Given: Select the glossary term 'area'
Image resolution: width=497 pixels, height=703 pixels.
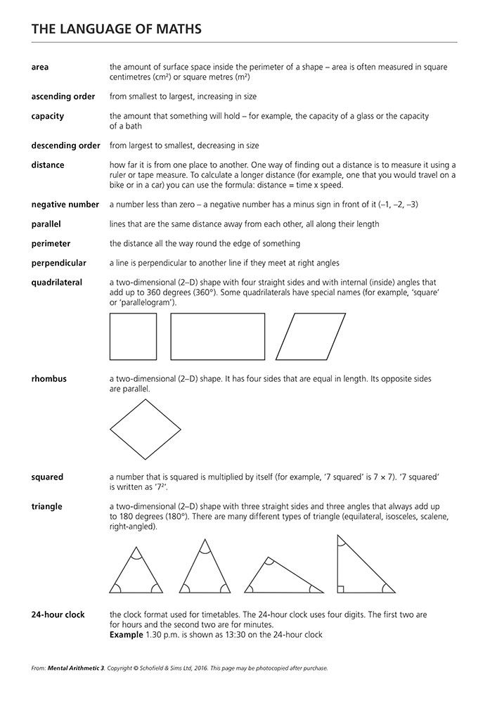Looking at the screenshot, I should pos(40,67).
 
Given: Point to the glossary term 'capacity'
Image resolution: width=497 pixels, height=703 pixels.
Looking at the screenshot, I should pos(48,116).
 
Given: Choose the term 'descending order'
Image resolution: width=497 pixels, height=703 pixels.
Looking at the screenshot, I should pos(66,146).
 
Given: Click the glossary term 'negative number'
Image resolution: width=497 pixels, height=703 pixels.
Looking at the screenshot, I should pos(65,205).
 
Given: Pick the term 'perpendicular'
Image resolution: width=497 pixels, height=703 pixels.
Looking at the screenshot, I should pos(59,263).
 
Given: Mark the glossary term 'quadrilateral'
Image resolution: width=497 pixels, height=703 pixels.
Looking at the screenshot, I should pos(56,283).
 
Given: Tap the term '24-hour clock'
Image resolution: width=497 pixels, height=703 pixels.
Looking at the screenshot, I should pos(58,614).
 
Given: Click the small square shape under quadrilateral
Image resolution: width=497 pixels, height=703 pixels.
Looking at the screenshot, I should pos(134,336).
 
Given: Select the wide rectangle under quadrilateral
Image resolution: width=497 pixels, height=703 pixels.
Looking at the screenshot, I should pos(218,336).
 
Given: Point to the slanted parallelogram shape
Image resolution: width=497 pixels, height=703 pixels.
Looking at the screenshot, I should pos(311,336).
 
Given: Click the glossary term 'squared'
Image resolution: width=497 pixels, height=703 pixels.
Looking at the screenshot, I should pos(47,477).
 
